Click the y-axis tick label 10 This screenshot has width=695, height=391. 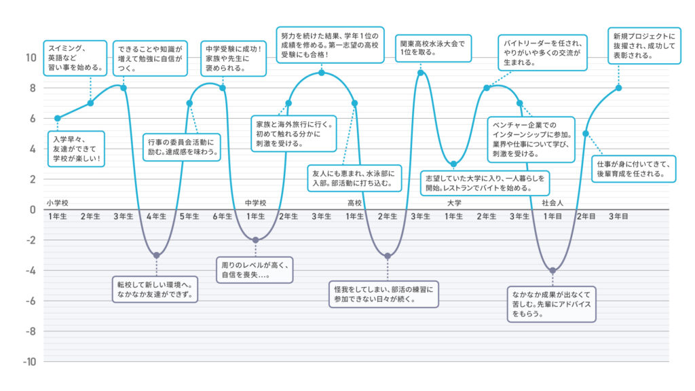[31, 58]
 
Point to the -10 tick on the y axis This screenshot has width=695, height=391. [29, 362]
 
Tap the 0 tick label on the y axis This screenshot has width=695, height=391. [33, 210]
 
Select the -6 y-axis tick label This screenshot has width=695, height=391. [31, 301]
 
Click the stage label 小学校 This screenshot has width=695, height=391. [58, 203]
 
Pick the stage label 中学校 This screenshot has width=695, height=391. [255, 203]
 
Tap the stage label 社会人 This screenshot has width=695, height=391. [552, 203]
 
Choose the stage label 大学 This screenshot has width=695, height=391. [454, 203]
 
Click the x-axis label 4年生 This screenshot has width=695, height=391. [157, 217]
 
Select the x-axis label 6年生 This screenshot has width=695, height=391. [223, 217]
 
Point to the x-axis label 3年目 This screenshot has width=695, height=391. [618, 217]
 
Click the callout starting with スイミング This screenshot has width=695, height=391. [75, 58]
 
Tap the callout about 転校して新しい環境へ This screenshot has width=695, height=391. [155, 289]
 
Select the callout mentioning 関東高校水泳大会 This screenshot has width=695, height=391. [433, 48]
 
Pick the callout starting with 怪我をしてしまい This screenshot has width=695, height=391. [383, 294]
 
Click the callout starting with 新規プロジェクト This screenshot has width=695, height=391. [644, 45]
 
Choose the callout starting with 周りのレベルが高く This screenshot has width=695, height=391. [255, 269]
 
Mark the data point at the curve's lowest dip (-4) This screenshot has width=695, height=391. [552, 270]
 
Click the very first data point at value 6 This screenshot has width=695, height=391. [58, 118]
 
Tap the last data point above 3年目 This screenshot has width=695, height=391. [618, 88]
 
